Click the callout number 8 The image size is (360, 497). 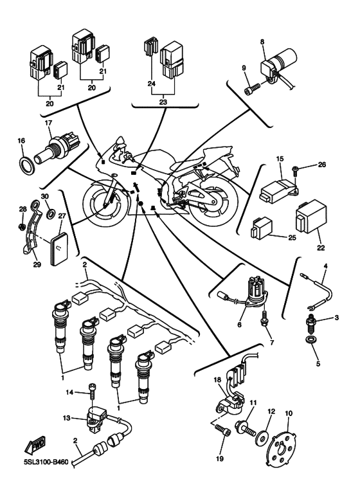click(262, 42)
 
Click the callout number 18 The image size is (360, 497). click(218, 381)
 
